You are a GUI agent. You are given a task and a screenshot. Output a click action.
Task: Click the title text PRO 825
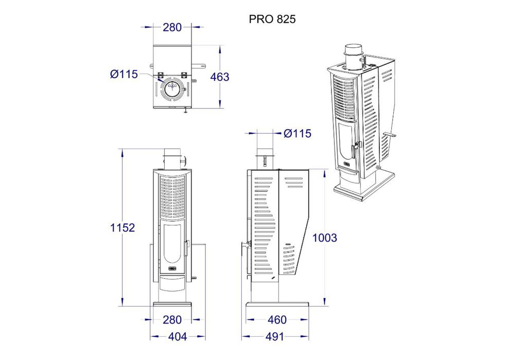point(272,19)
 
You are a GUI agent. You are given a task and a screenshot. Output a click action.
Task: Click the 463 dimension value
point(220,77)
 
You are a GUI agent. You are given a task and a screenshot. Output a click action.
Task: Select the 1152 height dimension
point(122,228)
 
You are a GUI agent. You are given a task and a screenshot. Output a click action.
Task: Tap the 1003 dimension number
point(325,238)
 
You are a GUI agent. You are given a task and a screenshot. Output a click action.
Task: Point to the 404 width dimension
point(178,337)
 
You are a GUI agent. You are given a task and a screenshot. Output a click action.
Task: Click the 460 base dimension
point(277,320)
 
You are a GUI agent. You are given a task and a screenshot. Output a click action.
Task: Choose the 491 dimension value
point(275,337)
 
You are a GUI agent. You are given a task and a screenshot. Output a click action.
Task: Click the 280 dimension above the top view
point(172,27)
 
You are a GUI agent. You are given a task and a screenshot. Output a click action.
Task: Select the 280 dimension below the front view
point(172,320)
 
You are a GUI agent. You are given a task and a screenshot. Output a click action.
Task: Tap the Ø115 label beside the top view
point(124,74)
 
